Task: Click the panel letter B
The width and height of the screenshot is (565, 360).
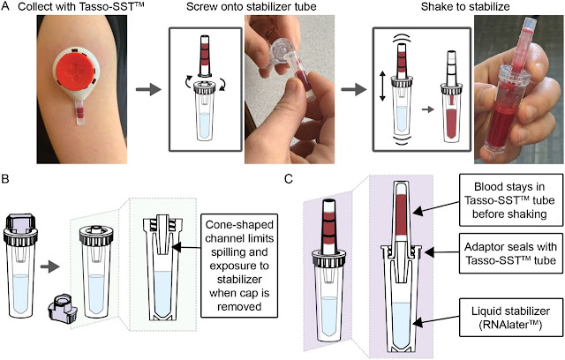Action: click(x=6, y=181)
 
